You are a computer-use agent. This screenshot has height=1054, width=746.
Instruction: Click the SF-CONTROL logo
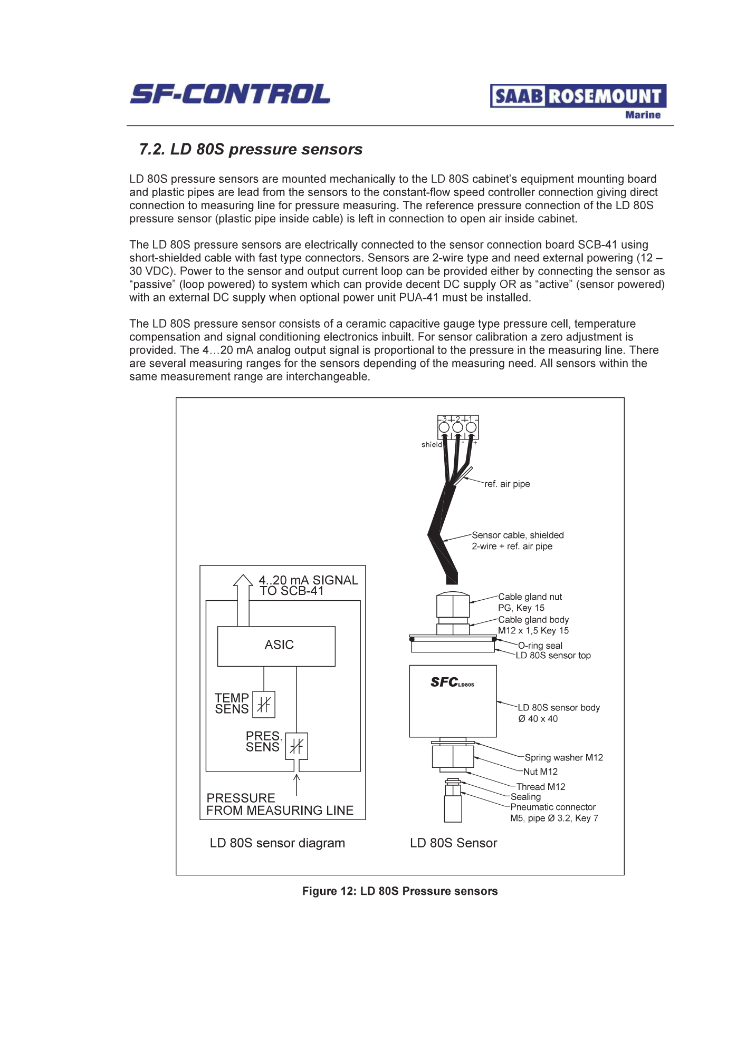[230, 94]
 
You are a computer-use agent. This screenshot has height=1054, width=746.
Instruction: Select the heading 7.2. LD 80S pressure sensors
[251, 150]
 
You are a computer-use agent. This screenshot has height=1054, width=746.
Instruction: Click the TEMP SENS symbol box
[264, 704]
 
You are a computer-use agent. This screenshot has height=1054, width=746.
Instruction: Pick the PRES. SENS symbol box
[297, 746]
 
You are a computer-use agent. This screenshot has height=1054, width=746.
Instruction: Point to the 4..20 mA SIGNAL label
[308, 580]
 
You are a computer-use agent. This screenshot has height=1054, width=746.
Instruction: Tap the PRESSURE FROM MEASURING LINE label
[280, 804]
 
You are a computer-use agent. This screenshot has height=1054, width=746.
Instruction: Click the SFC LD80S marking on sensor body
[452, 682]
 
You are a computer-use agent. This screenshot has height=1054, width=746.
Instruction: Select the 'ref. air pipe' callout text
[507, 484]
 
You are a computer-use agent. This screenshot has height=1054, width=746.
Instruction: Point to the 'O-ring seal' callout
[540, 646]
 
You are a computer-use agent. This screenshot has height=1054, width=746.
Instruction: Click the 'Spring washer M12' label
[563, 757]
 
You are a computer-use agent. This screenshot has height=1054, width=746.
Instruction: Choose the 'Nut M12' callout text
[540, 772]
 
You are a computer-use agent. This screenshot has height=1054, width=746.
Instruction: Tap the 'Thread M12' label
[541, 786]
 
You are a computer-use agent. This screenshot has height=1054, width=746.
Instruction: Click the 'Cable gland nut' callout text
[530, 597]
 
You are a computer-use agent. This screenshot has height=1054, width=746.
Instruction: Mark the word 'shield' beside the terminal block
[432, 445]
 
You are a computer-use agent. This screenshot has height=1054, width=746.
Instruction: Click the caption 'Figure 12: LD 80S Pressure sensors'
[400, 891]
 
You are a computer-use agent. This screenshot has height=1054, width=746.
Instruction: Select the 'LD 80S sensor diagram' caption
[277, 843]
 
